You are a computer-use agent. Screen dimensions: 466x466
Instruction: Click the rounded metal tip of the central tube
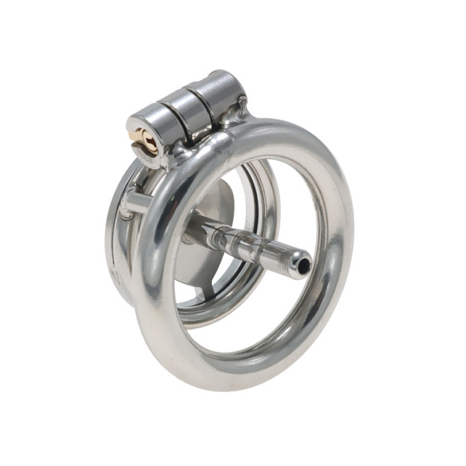296,262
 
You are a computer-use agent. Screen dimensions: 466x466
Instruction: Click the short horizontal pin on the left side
134,203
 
